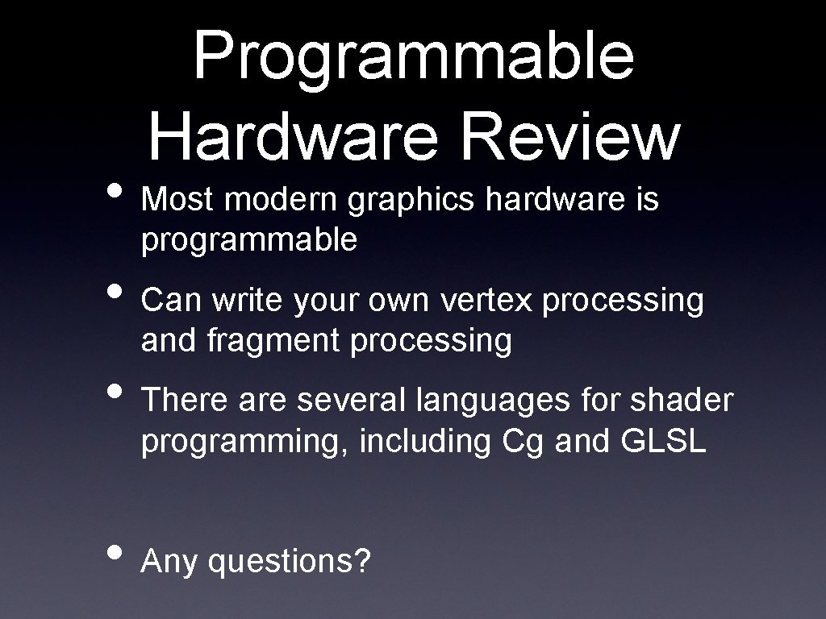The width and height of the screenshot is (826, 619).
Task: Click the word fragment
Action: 275,342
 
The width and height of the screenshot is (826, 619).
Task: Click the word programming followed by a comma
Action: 245,442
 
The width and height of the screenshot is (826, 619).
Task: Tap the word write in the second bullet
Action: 246,300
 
